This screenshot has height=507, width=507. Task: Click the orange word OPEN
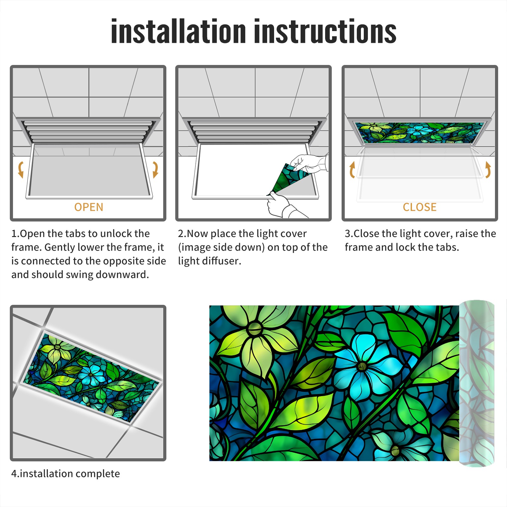89,207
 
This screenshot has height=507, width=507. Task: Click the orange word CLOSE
420,207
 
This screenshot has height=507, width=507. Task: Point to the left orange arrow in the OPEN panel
21,170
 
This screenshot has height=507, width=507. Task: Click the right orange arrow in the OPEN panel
155,170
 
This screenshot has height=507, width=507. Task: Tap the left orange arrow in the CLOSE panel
352,170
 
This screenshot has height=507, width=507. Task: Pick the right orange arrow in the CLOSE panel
488,170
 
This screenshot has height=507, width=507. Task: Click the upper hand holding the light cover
309,164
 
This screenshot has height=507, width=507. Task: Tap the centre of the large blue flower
362,367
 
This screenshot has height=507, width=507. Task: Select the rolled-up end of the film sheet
477,383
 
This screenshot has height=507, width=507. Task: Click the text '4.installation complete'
66,474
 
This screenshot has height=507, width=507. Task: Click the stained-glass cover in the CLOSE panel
420,133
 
